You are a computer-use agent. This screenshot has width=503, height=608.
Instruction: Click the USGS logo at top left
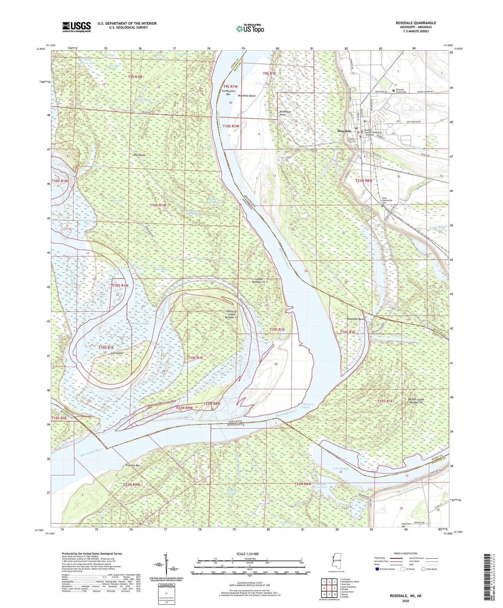coord(77,27)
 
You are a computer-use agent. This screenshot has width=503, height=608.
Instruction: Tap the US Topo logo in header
coord(250,29)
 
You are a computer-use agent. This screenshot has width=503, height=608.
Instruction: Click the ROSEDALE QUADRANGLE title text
coord(416,23)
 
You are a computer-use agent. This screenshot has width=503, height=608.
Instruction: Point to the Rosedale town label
coord(344,131)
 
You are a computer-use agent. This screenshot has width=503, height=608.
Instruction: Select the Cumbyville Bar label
coord(228,93)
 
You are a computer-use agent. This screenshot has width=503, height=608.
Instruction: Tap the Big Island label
coord(140,155)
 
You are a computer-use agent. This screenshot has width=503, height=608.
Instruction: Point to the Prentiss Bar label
coord(133,465)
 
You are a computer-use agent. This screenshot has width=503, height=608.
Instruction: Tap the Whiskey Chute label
coord(139,324)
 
